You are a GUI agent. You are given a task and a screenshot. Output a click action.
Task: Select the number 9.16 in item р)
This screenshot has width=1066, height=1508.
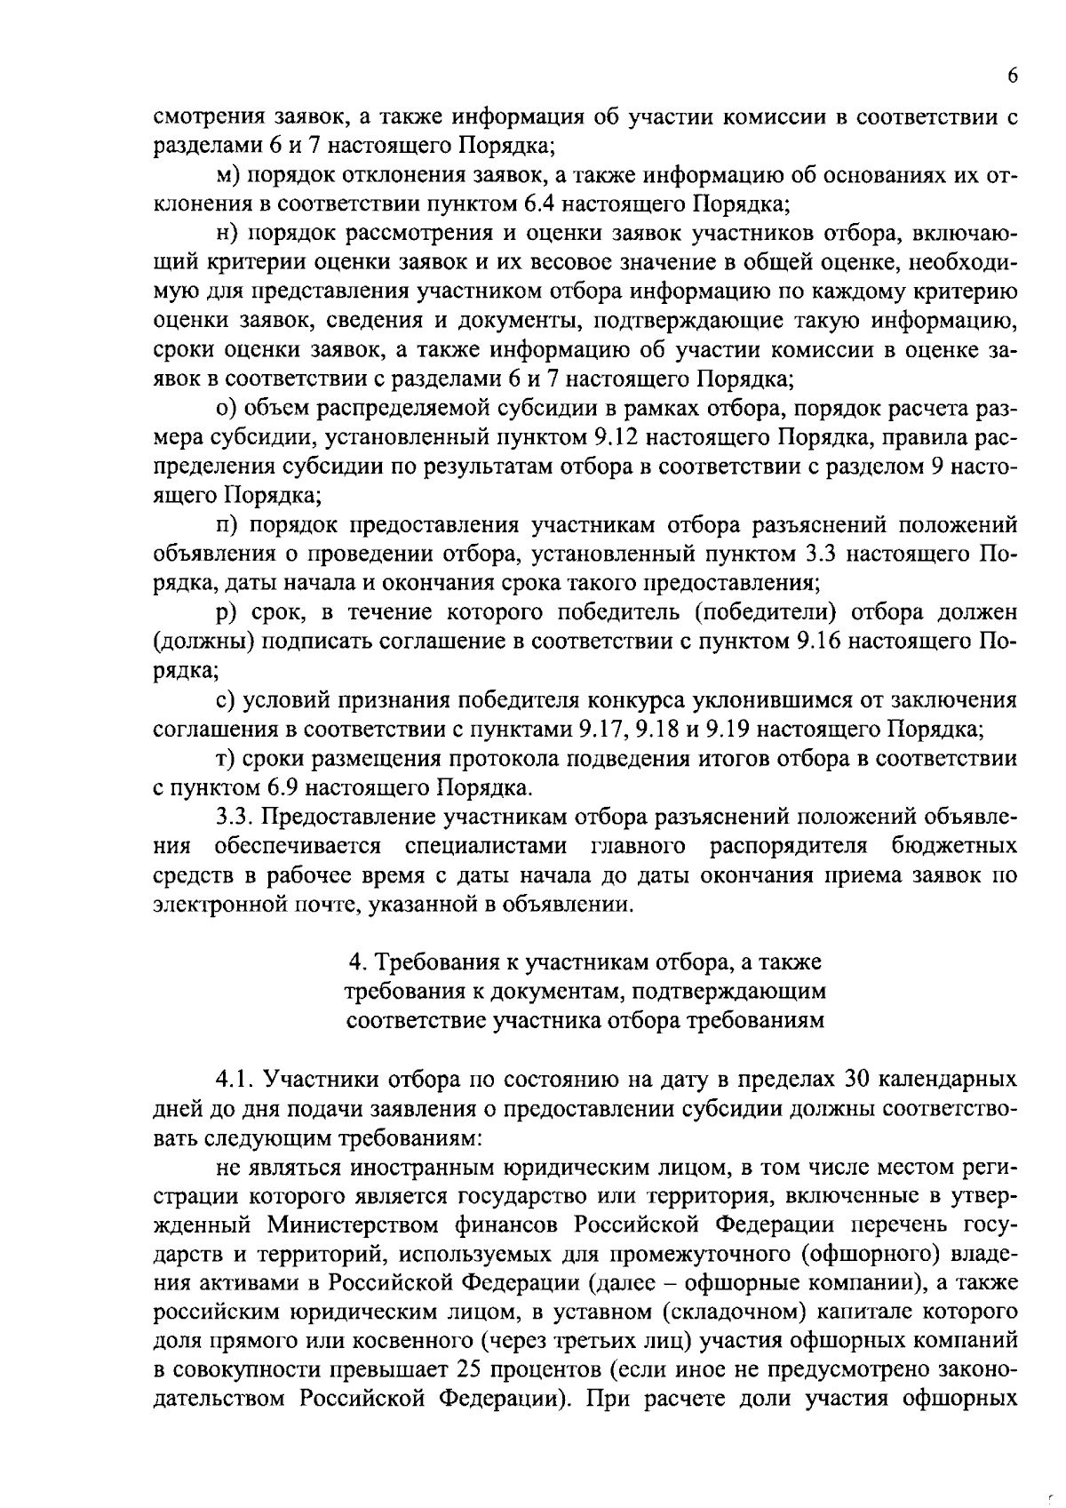point(814,642)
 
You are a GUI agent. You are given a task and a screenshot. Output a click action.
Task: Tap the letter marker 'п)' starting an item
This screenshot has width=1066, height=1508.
point(228,526)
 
